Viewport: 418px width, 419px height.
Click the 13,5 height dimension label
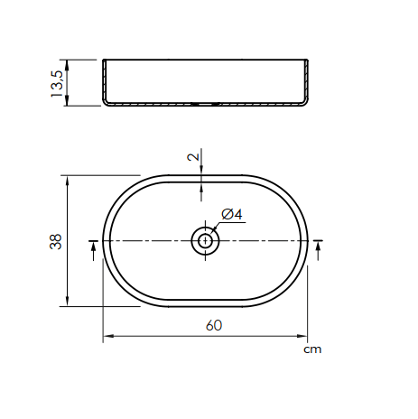point(57,84)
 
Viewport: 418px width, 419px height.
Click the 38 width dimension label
point(56,241)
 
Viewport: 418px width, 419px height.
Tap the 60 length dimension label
point(214,325)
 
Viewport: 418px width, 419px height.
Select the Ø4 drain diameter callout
point(232,214)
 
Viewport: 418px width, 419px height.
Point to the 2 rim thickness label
point(193,157)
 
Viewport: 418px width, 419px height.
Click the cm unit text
point(312,349)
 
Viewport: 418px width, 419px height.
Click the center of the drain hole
point(206,241)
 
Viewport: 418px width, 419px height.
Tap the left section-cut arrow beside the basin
point(94,251)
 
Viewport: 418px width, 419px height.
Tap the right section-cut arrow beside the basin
point(318,251)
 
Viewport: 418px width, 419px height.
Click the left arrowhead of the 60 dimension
point(108,336)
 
